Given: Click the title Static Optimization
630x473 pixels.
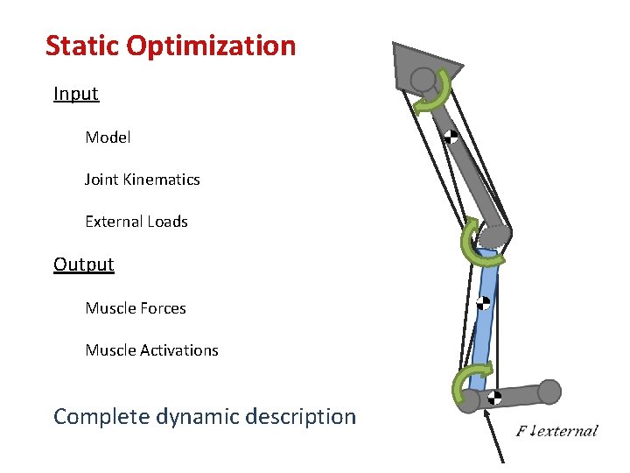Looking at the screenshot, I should pyautogui.click(x=171, y=46).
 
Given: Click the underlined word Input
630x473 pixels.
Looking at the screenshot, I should pyautogui.click(x=76, y=94).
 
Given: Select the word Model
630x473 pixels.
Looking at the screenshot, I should pyautogui.click(x=108, y=138).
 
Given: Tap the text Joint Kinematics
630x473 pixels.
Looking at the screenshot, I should pyautogui.click(x=142, y=180).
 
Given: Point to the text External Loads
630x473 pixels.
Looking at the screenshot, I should pyautogui.click(x=136, y=222).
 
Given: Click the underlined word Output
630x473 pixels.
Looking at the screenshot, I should pyautogui.click(x=83, y=265).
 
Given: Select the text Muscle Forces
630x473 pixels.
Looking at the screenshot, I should pyautogui.click(x=135, y=308).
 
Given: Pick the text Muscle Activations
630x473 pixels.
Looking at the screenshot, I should pyautogui.click(x=151, y=350).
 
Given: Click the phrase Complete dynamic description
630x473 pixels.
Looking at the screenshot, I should pyautogui.click(x=205, y=417).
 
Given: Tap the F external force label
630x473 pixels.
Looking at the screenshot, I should pyautogui.click(x=556, y=430).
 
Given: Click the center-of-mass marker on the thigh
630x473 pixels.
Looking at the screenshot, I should pyautogui.click(x=450, y=137).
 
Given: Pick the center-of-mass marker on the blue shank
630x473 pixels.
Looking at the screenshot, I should pyautogui.click(x=483, y=303).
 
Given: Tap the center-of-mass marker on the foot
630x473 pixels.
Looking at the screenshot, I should pyautogui.click(x=494, y=397).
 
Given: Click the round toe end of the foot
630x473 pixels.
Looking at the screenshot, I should pyautogui.click(x=549, y=392).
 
